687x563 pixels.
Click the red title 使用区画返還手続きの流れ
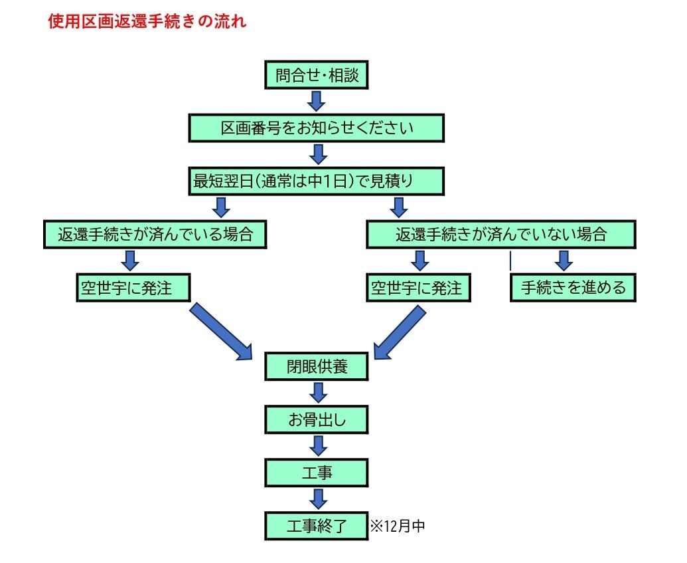coord(147,21)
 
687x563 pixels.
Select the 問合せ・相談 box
coord(317,75)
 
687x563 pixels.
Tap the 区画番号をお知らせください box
coord(317,128)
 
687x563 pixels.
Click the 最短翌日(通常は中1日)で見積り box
coord(317,181)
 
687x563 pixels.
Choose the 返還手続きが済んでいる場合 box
coord(155,235)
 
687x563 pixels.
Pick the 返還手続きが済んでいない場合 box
coord(500,235)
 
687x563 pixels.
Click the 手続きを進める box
coord(573,288)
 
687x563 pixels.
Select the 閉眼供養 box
coord(317,366)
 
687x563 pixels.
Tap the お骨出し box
coord(317,420)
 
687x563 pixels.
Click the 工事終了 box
coord(317,526)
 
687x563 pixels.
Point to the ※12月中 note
coord(398,526)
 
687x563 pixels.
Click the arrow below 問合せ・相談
coord(316,101)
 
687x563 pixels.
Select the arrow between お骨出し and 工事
coord(318,446)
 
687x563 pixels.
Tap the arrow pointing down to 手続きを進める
coord(564,261)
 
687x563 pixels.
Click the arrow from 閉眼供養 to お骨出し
coord(318,393)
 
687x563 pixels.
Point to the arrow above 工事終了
coord(318,499)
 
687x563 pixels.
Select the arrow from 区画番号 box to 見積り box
coord(318,154)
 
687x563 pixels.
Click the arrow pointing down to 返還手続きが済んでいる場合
coord(221,207)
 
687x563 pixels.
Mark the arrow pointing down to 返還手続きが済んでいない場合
coord(399,207)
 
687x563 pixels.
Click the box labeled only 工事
coord(317,473)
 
